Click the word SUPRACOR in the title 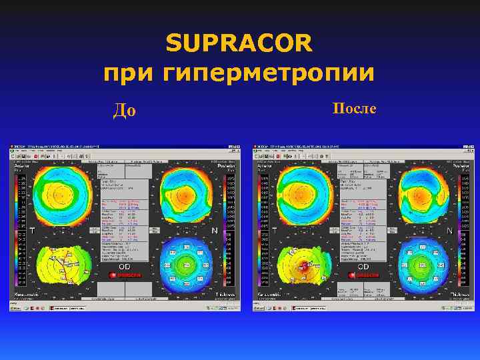click(x=239, y=43)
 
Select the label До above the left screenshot click(x=125, y=110)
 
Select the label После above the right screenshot click(x=354, y=108)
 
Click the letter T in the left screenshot click(x=32, y=231)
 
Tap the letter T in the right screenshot click(x=275, y=231)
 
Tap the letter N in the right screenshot click(x=450, y=231)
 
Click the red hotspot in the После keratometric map click(x=301, y=267)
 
